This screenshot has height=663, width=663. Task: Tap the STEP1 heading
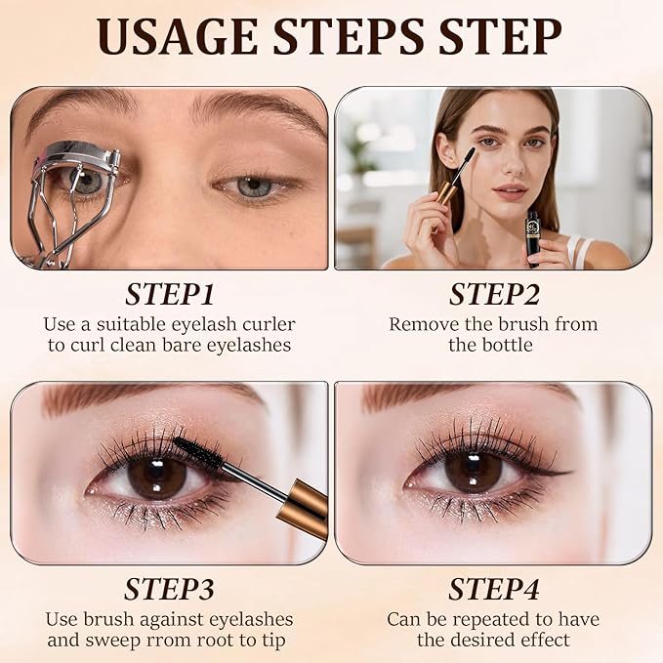(169, 296)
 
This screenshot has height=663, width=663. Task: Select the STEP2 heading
(493, 296)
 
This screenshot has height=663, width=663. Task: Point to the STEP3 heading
(169, 590)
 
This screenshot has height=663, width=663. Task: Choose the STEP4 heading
(493, 590)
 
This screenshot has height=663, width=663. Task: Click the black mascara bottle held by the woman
(533, 234)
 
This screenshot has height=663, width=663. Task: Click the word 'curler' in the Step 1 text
(260, 324)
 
